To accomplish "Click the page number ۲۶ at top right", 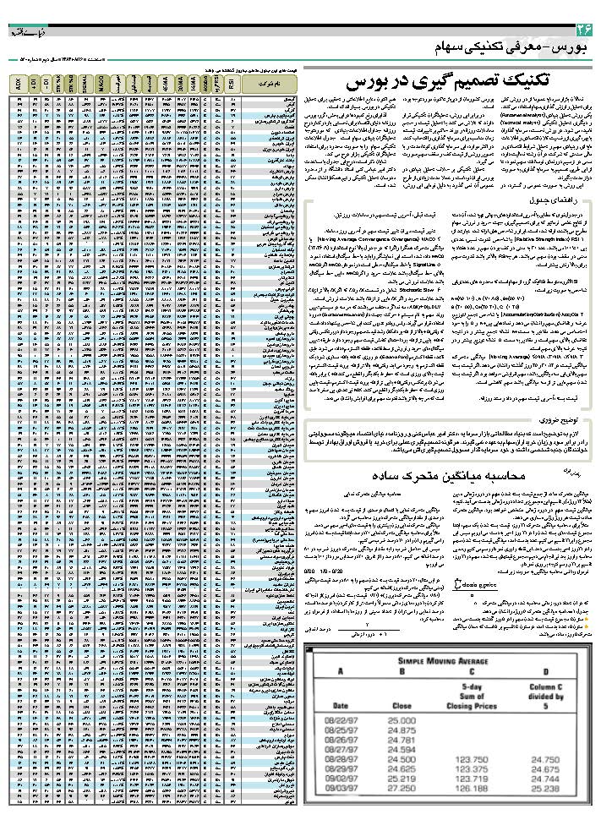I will point(581,29).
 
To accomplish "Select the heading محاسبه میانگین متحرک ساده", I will point(455,475).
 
